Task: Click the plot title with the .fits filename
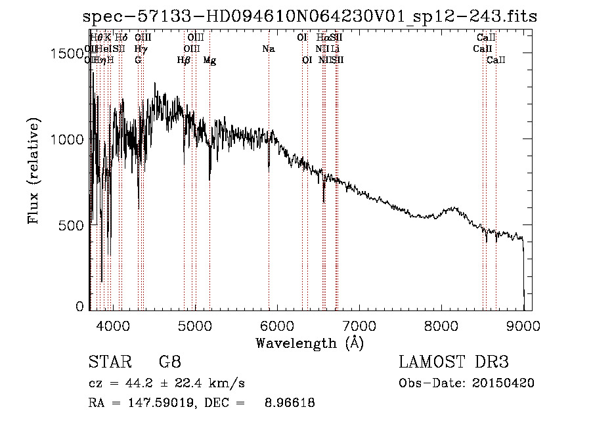pyautogui.click(x=310, y=16)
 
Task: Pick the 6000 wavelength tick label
pyautogui.click(x=277, y=324)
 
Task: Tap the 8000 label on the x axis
pyautogui.click(x=441, y=324)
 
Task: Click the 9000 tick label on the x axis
pyautogui.click(x=523, y=324)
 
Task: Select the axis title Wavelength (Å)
pyautogui.click(x=310, y=343)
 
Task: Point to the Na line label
pyautogui.click(x=268, y=49)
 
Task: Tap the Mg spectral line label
pyautogui.click(x=209, y=60)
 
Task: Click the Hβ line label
pyautogui.click(x=184, y=60)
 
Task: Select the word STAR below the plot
pyautogui.click(x=106, y=362)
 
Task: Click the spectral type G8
pyautogui.click(x=170, y=362)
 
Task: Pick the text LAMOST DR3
pyautogui.click(x=454, y=362)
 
